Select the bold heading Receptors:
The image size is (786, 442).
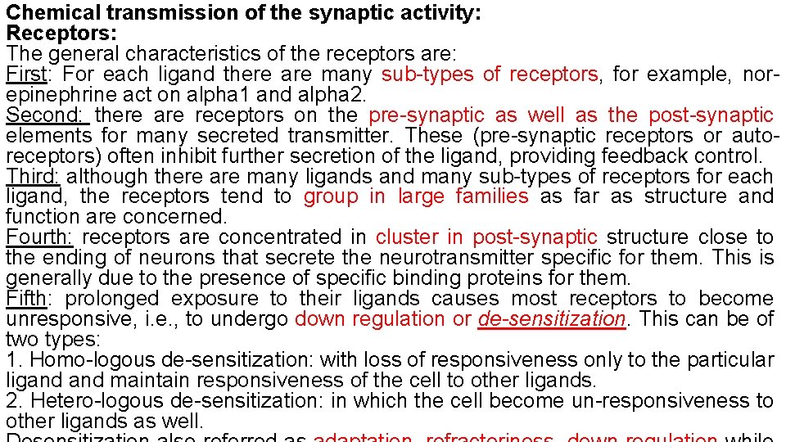click(61, 34)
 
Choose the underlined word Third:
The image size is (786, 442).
click(32, 177)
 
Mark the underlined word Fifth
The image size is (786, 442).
click(26, 299)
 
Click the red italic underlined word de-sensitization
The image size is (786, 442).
click(551, 319)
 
